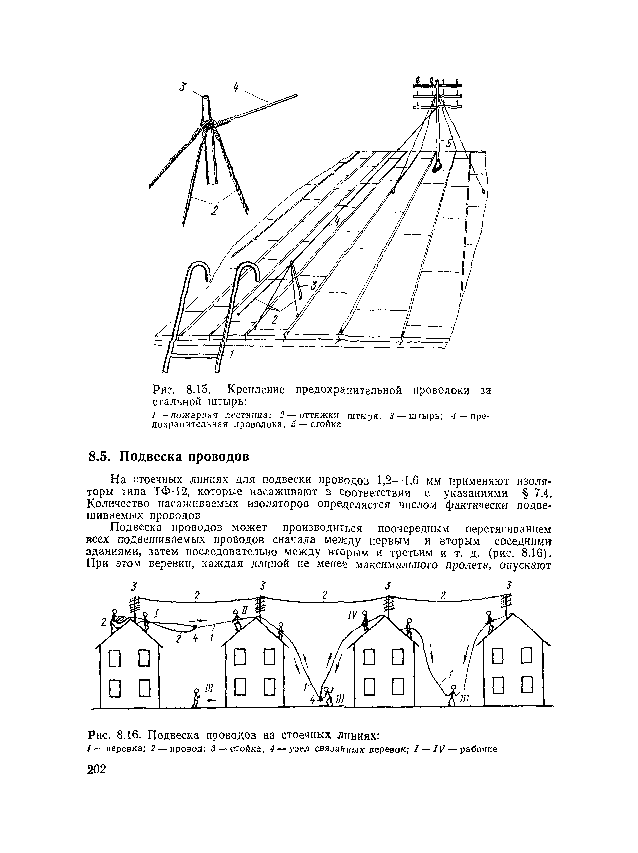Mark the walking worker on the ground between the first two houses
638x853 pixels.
(197, 698)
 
